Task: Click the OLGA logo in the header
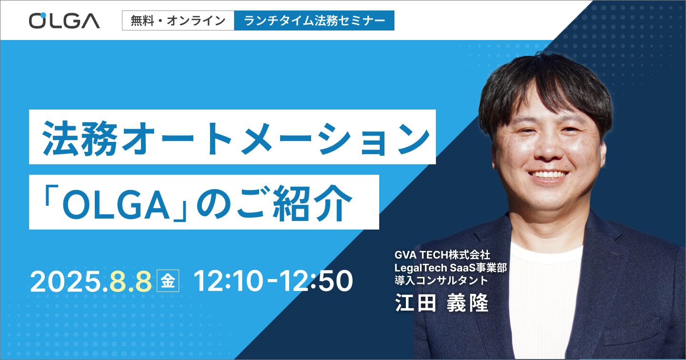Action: coord(64,20)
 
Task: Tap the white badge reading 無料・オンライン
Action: coord(178,20)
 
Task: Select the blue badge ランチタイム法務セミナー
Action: coord(314,20)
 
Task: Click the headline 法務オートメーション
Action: coord(236,138)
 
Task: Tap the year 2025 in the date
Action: coord(66,281)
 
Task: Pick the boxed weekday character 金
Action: coord(168,280)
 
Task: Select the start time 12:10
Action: coord(229,281)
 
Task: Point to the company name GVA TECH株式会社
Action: coord(442,255)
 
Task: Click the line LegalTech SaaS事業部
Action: coord(451,268)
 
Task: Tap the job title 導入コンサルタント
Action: coord(441,280)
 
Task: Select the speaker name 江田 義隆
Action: coord(442,303)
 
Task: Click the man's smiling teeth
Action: coord(548,175)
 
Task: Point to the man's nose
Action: coord(548,147)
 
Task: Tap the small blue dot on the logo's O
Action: coord(43,15)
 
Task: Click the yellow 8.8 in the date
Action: coord(131,281)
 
